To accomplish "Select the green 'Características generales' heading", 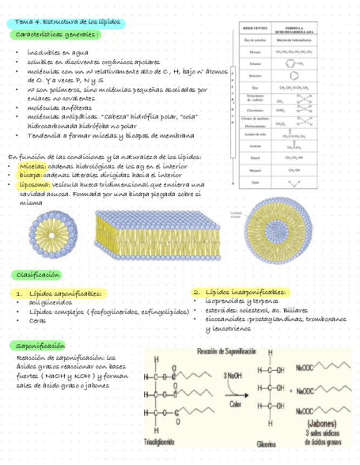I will click(55, 35).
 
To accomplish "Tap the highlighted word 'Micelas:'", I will click(32, 166).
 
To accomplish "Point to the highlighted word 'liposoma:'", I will click(34, 184).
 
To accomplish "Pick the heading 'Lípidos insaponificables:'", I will click(246, 292).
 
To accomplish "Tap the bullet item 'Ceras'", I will click(37, 320).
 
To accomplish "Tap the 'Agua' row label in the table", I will click(255, 182).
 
